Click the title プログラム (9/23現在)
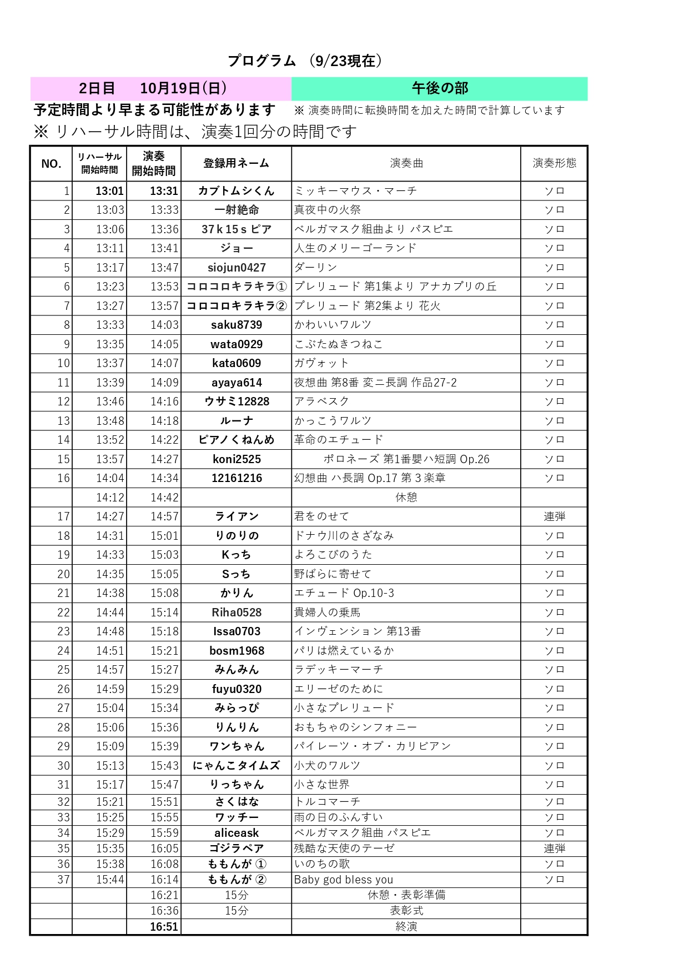point(305,61)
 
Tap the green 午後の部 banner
point(440,88)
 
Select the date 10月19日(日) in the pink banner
point(183,88)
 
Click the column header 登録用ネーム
point(237,163)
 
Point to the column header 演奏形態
point(554,163)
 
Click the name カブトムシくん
point(237,191)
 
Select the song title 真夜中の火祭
point(328,210)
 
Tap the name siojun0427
point(237,268)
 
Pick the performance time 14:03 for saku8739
point(164,325)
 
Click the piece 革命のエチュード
point(339,440)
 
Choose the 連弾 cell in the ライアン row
point(554,516)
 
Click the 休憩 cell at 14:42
point(406,498)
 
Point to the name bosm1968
point(237,651)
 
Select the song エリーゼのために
point(339,689)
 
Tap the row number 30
point(63,766)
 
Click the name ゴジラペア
point(237,849)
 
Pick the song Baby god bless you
point(344,880)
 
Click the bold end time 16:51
point(164,927)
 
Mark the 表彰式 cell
point(406,911)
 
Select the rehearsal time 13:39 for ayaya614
point(110,383)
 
